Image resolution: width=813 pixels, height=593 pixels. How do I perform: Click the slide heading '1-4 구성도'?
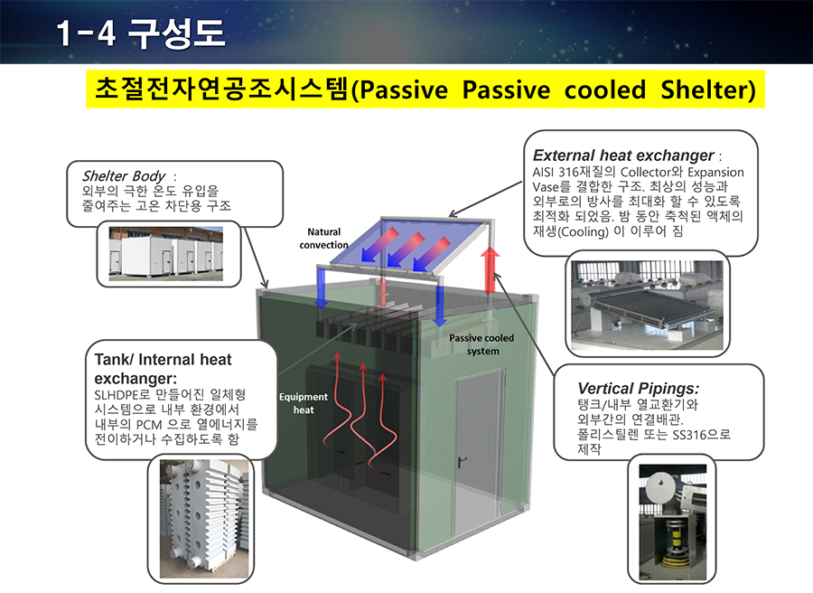click(x=140, y=33)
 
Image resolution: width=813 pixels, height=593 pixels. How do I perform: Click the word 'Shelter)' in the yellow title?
click(x=708, y=89)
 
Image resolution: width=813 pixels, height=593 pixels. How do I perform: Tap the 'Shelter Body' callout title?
click(x=124, y=176)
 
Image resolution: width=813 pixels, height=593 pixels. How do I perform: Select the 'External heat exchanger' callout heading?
click(x=623, y=155)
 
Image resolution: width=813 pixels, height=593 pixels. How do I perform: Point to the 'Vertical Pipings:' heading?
click(x=639, y=388)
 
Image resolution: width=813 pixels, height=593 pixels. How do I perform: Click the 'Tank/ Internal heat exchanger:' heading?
click(x=163, y=368)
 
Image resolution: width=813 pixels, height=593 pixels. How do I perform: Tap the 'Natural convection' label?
click(x=323, y=238)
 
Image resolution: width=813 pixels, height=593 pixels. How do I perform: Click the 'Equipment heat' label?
click(x=304, y=403)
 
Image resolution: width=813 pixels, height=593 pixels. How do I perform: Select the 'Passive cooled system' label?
click(x=481, y=344)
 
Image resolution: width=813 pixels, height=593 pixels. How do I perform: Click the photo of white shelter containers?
click(x=166, y=254)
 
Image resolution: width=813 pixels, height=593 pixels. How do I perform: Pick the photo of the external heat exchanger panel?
click(x=647, y=305)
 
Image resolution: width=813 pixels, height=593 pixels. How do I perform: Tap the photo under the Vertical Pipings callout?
click(x=672, y=522)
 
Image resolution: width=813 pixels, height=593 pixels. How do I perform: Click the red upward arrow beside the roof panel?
click(x=490, y=269)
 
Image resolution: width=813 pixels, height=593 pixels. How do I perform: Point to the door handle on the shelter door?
click(x=461, y=461)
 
